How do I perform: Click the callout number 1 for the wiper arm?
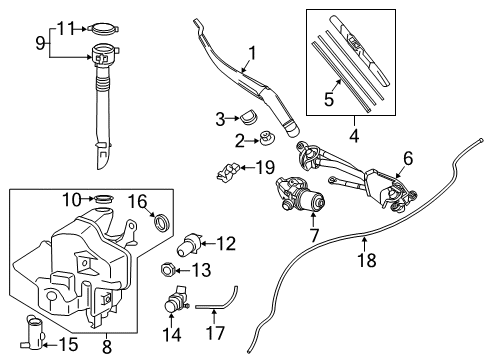[x=252, y=53]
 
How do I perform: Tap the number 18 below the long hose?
[x=367, y=260]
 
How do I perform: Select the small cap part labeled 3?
[x=248, y=116]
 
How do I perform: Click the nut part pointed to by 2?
[x=267, y=138]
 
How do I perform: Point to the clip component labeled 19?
[x=228, y=172]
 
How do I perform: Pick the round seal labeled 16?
[x=162, y=223]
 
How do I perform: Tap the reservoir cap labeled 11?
[x=104, y=28]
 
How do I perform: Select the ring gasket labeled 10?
[x=104, y=199]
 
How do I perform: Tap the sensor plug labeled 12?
[x=188, y=245]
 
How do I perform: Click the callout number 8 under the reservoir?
[x=107, y=347]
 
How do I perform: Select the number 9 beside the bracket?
[x=40, y=43]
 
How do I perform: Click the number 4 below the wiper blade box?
[x=354, y=136]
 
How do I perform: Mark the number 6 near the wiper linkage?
[x=408, y=158]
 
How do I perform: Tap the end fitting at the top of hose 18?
[x=480, y=140]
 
